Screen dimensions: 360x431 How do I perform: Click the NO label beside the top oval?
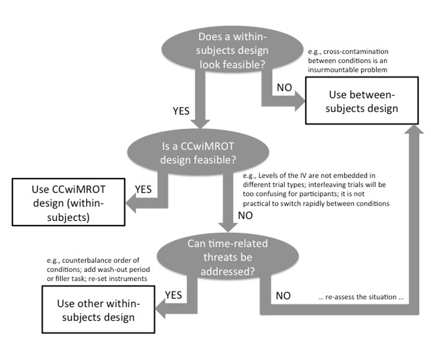tap(284, 87)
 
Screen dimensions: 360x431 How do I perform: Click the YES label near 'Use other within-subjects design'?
tap(173, 295)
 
